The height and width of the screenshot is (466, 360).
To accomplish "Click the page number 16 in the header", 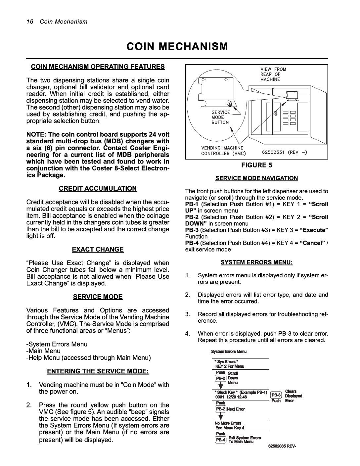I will (x=29, y=22).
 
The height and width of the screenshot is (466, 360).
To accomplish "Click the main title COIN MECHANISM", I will (x=177, y=47).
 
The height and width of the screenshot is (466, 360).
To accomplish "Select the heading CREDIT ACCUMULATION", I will (x=98, y=188).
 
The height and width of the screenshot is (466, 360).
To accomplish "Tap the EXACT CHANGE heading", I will (x=98, y=249).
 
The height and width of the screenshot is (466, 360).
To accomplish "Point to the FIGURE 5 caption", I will (x=256, y=165).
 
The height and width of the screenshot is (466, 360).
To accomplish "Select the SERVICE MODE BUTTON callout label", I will (x=220, y=117).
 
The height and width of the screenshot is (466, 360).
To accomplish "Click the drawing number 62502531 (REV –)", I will (x=284, y=153).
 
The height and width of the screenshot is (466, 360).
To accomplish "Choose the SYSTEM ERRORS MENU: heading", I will (x=257, y=262).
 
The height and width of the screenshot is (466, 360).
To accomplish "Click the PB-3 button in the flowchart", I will (x=276, y=395).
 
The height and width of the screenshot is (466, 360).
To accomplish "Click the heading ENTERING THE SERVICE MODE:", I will (x=98, y=371).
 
